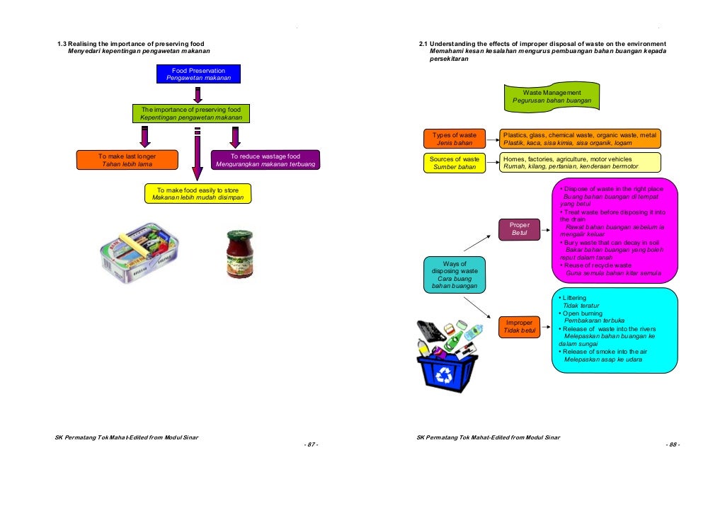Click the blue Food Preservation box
pyautogui.click(x=198, y=74)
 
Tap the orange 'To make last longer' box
pyautogui.click(x=127, y=160)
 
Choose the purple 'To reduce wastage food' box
pyautogui.click(x=266, y=160)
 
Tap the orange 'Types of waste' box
pyautogui.click(x=455, y=139)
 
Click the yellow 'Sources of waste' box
pyautogui.click(x=455, y=163)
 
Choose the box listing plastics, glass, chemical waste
pyautogui.click(x=579, y=139)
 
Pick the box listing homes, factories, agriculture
pyautogui.click(x=579, y=163)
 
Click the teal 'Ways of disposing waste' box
pyautogui.click(x=455, y=275)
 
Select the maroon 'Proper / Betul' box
pyautogui.click(x=520, y=229)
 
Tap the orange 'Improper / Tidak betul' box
pyautogui.click(x=520, y=328)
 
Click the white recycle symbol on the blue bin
pyautogui.click(x=448, y=374)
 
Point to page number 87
pyautogui.click(x=311, y=444)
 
